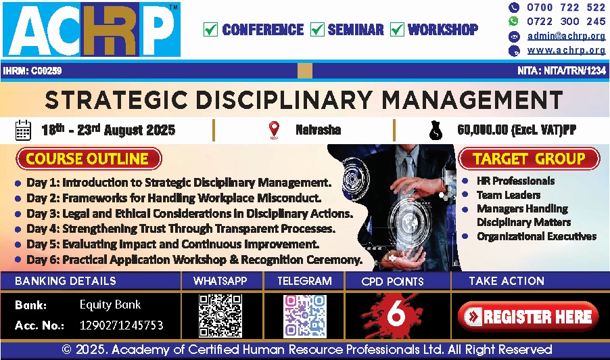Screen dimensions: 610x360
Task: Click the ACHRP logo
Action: point(91,30)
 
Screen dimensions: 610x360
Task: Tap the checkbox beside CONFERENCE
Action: point(210,29)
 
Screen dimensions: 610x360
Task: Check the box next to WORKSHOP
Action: point(397,29)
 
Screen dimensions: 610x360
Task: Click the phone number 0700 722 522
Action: point(566,7)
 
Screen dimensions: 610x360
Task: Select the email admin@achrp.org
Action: point(567,36)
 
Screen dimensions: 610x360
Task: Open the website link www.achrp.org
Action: point(567,50)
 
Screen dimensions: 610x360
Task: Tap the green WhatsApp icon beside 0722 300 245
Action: point(514,22)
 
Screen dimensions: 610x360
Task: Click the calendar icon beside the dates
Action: point(23,130)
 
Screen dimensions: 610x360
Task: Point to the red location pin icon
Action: point(275,130)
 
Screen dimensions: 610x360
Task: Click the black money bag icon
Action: point(436,131)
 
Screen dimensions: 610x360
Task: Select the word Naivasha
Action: point(319,130)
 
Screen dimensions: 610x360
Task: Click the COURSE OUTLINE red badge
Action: point(89,159)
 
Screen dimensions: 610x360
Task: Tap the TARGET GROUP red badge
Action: point(529,159)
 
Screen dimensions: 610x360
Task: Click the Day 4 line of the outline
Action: point(181,229)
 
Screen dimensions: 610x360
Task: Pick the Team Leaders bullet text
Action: point(509,195)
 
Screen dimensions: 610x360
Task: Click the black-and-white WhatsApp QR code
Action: point(220,315)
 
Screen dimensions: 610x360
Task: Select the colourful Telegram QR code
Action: point(305,316)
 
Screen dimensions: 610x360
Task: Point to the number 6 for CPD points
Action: point(396,315)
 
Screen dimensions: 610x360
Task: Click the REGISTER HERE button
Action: point(528,317)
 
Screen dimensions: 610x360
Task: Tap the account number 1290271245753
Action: point(121,325)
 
